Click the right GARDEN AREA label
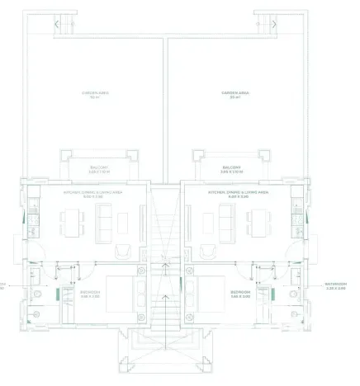click(234, 93)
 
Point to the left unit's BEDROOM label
click(90, 292)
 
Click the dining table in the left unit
click(71, 219)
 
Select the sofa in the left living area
click(107, 219)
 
